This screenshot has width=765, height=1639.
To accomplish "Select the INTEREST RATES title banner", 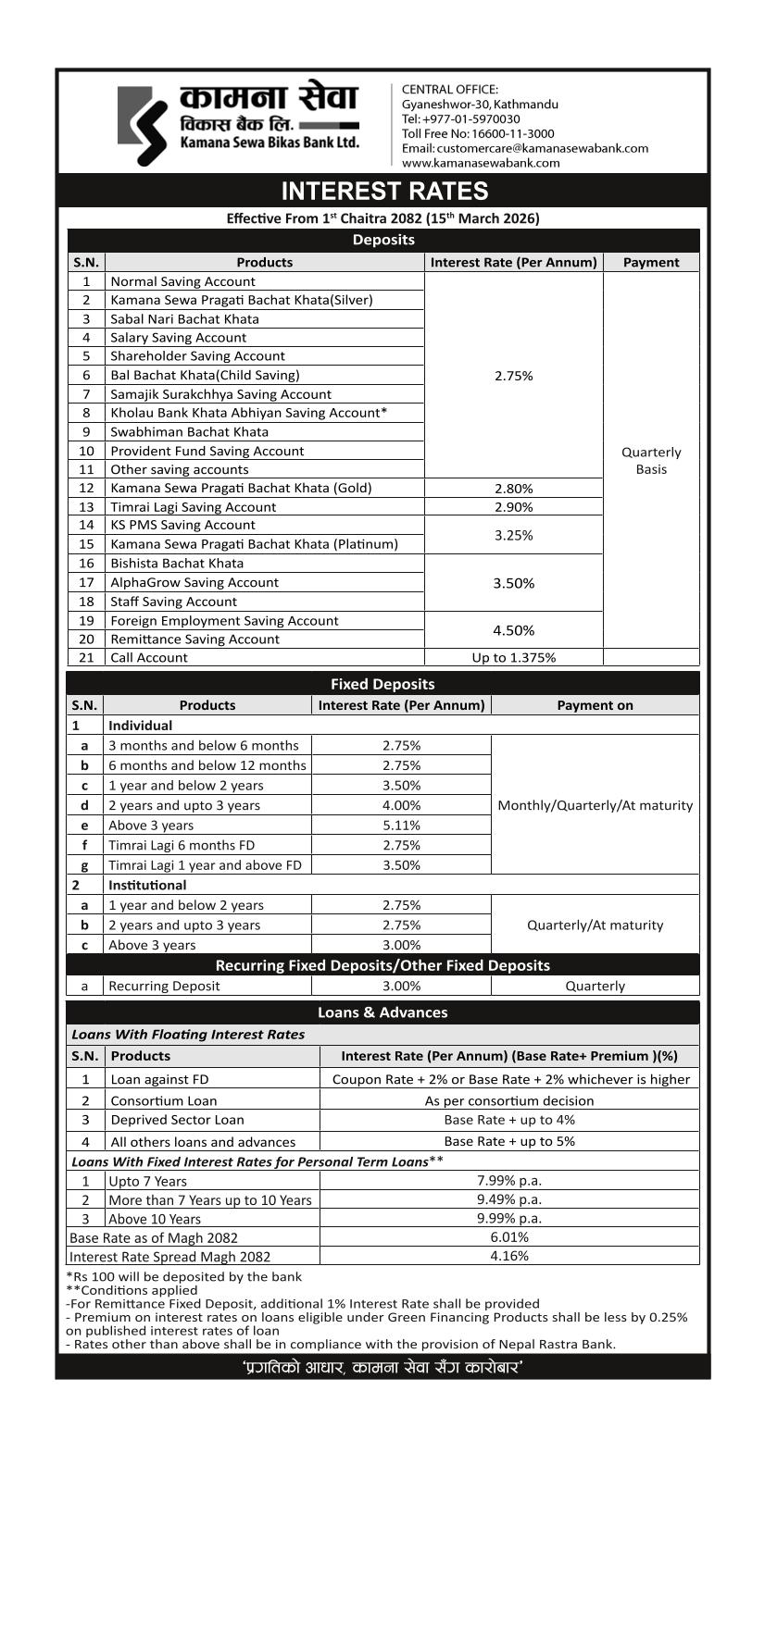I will [383, 191].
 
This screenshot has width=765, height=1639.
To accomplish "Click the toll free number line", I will [478, 133].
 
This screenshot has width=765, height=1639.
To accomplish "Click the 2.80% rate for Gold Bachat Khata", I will [514, 489].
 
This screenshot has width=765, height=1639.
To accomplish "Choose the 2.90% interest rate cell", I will [514, 507].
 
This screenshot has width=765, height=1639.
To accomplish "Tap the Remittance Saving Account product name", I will [194, 639].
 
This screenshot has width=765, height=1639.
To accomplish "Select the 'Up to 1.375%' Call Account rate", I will [514, 658].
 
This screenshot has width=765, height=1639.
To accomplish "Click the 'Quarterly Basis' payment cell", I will [651, 461].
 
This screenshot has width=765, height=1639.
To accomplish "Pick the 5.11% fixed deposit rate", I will [401, 826].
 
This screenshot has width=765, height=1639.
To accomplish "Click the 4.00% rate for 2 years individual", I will [401, 805].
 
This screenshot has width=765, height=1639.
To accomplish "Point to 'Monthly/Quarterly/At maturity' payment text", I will [595, 805].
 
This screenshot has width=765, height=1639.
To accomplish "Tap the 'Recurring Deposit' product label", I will [164, 986].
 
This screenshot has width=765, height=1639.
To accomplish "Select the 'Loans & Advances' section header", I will [382, 1012].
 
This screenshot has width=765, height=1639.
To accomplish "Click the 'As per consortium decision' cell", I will [509, 1100].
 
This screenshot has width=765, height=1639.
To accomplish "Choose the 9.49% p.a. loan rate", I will [509, 1199].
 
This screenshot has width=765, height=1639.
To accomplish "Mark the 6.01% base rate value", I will [509, 1237].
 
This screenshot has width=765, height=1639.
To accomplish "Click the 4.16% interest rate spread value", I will [509, 1256].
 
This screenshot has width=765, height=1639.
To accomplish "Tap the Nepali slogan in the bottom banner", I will [382, 1367].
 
